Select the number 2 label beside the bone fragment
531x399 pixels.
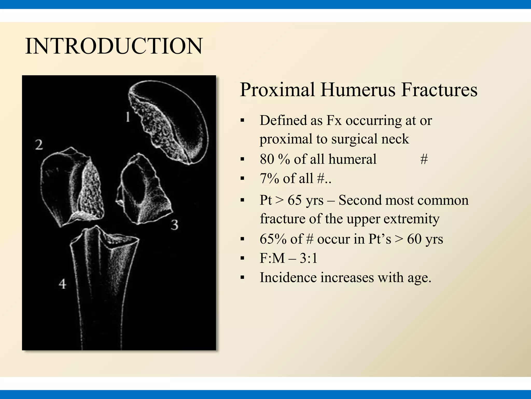click(x=39, y=145)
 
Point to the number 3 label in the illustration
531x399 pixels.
click(x=174, y=224)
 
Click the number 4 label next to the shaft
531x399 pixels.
click(x=62, y=284)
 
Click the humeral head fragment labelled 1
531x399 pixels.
click(x=171, y=122)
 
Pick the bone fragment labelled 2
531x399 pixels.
click(x=73, y=187)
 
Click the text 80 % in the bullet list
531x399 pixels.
click(x=275, y=159)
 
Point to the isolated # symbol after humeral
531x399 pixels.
click(x=424, y=159)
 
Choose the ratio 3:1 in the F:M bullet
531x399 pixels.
click(x=309, y=258)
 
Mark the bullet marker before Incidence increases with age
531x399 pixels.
click(x=242, y=278)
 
